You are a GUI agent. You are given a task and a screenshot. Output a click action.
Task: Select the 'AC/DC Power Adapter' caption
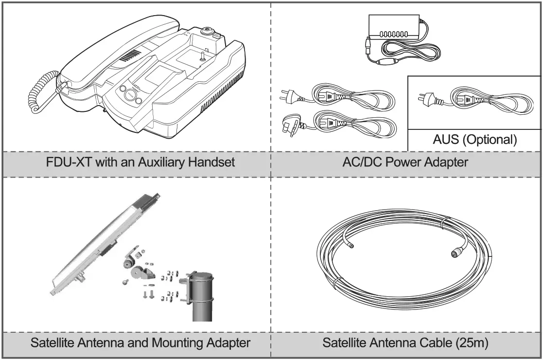[x=406, y=162]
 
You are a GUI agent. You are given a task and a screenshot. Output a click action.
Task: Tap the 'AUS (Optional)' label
[x=474, y=140]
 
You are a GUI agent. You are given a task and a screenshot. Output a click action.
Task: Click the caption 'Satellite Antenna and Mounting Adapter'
[x=140, y=342]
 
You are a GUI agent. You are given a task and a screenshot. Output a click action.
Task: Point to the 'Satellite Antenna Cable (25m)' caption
[x=405, y=342]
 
